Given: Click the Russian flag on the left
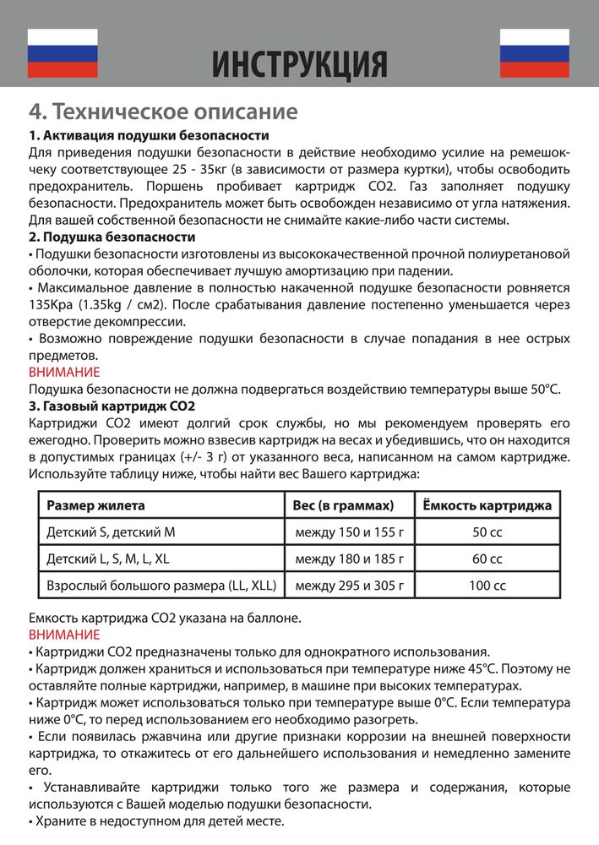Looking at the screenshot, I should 63,53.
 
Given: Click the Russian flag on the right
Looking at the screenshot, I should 535,53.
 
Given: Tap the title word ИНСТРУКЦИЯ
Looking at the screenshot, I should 299,63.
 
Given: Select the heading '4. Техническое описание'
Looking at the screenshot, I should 163,112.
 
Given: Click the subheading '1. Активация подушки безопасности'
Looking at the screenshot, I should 149,136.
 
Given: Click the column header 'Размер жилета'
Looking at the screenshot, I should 95,505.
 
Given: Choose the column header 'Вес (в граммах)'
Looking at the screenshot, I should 344,505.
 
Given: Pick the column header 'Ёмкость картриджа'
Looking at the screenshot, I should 487,505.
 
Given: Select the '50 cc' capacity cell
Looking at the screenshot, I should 487,532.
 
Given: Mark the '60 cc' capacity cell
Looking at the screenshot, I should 487,559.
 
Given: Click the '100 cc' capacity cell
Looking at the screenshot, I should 487,586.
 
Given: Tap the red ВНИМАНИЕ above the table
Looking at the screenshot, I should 64,372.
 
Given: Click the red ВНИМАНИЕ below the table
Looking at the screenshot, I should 64,635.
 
